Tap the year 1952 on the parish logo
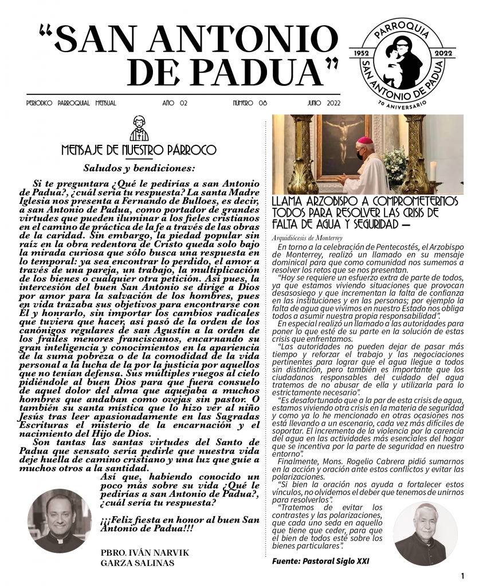[360, 53]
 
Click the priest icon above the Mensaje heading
[139, 129]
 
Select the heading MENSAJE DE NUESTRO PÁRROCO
[139, 151]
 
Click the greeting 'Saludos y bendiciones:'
[139, 168]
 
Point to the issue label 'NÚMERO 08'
[250, 103]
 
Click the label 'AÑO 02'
[175, 103]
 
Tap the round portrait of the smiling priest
[60, 520]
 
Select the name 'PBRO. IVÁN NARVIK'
[144, 552]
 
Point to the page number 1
[462, 575]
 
